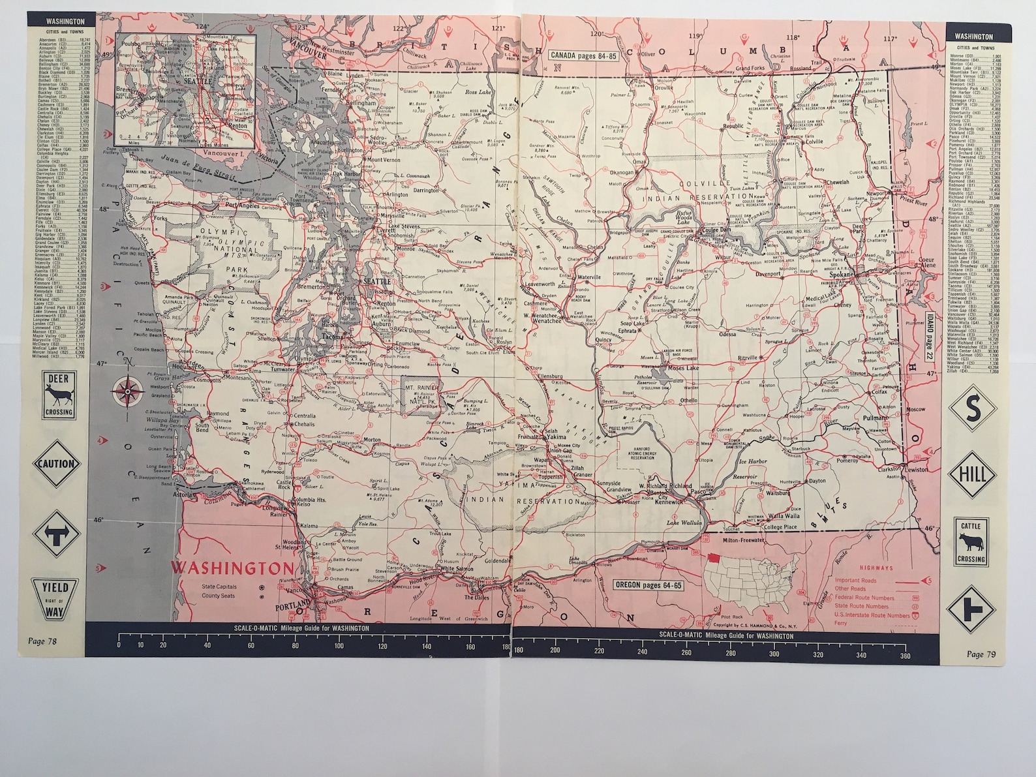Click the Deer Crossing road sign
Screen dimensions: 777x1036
(x=59, y=395)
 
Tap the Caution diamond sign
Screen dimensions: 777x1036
(x=59, y=464)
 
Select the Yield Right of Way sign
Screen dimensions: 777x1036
(x=59, y=598)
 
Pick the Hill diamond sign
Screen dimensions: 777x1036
(x=972, y=474)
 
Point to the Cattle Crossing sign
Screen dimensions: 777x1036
(x=972, y=541)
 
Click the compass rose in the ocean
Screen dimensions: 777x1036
(x=126, y=391)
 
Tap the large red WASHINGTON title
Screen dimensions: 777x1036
(x=232, y=566)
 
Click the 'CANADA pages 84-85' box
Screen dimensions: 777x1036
(x=583, y=56)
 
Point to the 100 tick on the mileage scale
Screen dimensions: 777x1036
(x=339, y=645)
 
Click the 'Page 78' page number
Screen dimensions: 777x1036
(x=42, y=641)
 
